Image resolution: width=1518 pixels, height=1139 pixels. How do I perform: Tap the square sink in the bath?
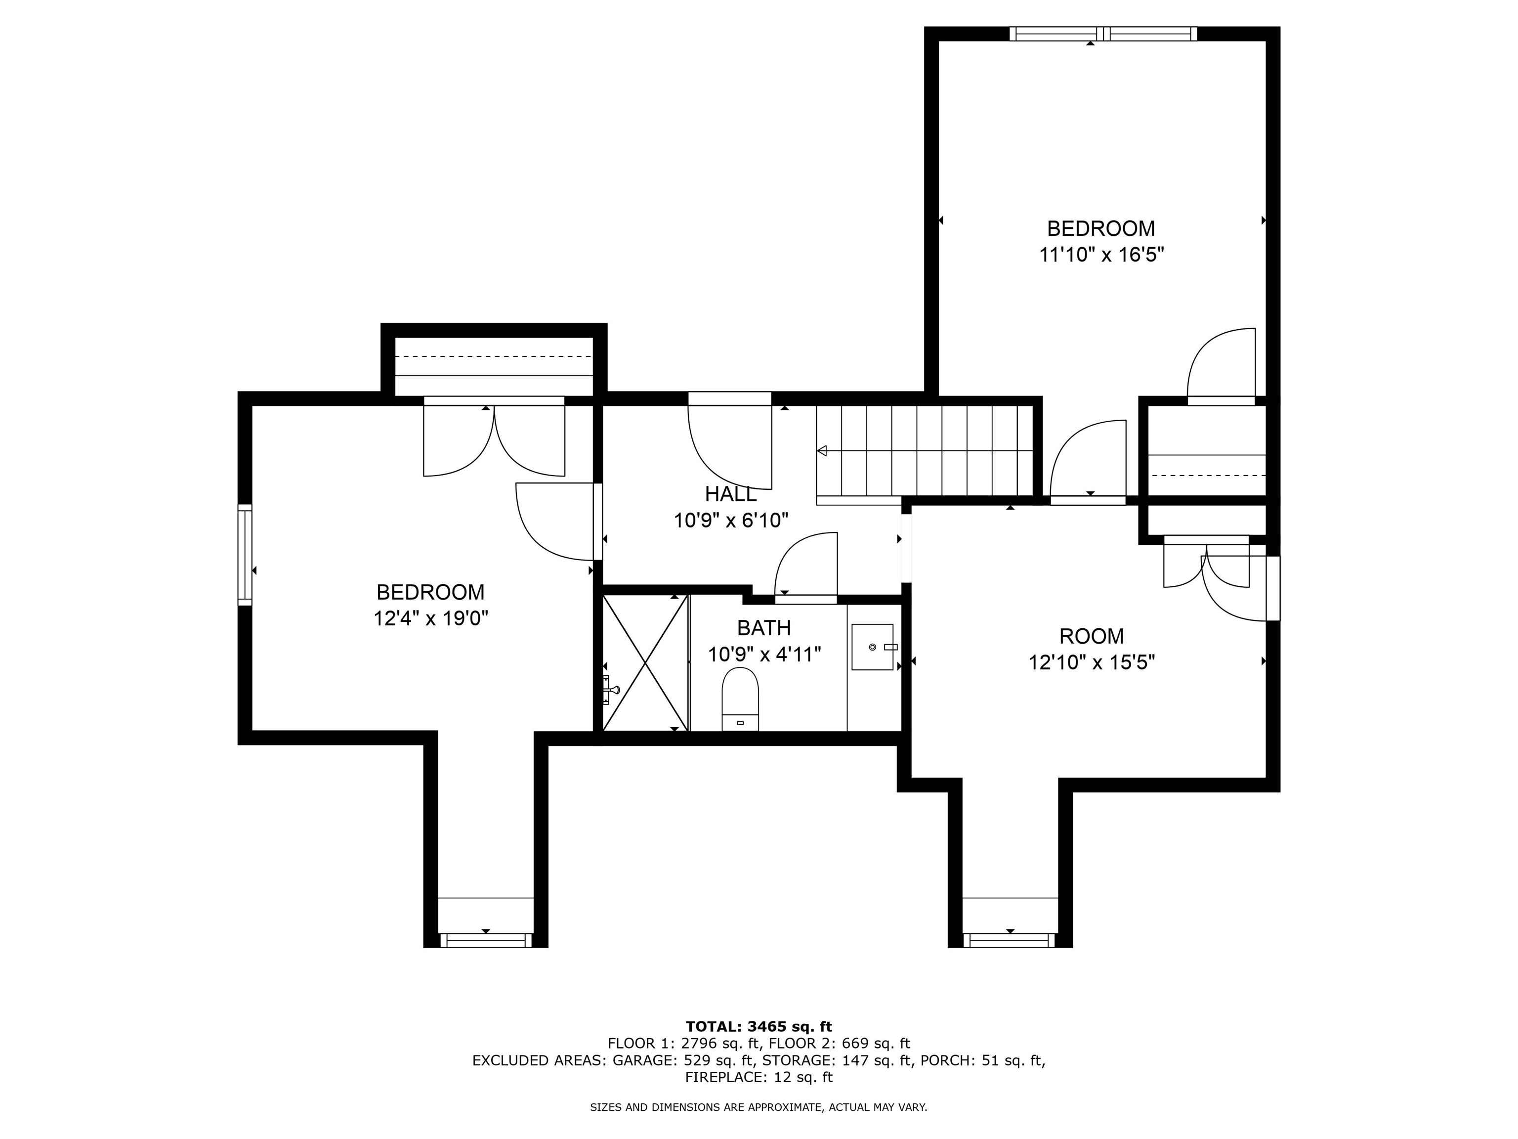tap(872, 647)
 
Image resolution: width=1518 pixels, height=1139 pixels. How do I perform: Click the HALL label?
tap(730, 494)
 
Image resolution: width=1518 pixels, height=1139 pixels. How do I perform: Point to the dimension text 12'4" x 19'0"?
tap(430, 618)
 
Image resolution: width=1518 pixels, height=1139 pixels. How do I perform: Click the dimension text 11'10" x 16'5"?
tap(1101, 255)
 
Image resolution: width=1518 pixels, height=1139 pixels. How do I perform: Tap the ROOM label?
tap(1091, 636)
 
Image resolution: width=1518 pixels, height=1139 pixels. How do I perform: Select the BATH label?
tap(764, 627)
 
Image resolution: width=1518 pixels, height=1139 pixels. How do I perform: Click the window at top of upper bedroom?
tap(1103, 34)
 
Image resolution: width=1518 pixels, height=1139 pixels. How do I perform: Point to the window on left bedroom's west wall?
tap(245, 555)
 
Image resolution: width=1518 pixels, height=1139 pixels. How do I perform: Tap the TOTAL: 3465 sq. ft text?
tap(759, 1026)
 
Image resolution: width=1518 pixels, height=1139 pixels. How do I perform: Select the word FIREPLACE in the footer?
tap(724, 1077)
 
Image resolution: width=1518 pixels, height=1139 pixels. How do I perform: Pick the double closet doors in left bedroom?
tap(494, 439)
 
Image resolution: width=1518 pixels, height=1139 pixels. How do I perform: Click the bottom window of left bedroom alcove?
tap(486, 940)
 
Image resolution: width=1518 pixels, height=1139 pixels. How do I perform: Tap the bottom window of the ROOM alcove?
tap(1010, 940)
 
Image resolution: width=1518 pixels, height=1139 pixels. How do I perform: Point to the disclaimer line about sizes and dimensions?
tap(759, 1107)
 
